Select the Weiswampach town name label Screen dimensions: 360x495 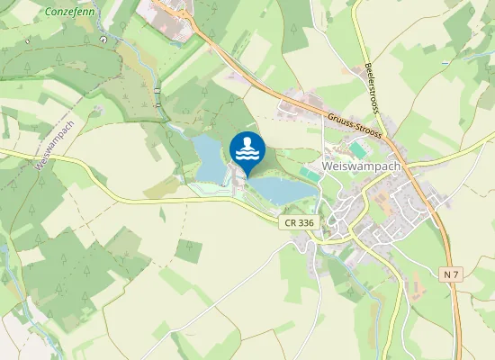361,166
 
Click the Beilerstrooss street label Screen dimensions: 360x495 377,89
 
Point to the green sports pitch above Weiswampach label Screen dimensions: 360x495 359,148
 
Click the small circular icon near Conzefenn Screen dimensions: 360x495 104,39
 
